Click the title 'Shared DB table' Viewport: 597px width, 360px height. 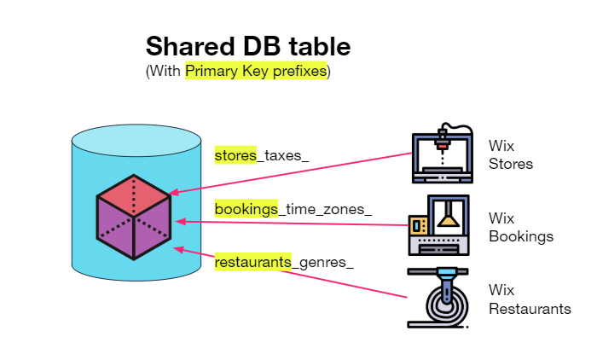(247, 46)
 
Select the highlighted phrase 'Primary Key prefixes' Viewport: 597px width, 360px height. (256, 72)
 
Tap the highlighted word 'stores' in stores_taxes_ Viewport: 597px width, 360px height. (235, 155)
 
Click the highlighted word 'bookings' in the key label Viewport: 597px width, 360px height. (246, 209)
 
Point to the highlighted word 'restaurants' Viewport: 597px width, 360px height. (252, 262)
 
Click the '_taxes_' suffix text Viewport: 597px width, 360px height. (282, 155)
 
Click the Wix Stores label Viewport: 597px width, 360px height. (510, 154)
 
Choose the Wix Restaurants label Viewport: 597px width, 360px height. (529, 299)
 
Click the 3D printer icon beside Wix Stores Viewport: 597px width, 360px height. (443, 153)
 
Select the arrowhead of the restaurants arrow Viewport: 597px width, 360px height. (177, 248)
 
